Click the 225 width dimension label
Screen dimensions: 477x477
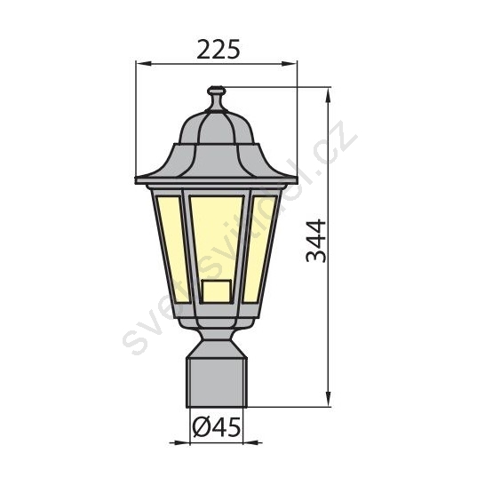point(219,49)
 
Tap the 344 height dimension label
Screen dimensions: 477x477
point(315,241)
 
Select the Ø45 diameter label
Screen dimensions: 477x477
point(217,426)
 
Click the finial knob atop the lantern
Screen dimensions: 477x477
point(217,91)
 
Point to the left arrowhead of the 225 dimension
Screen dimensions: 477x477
point(143,64)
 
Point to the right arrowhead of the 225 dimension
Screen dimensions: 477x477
point(289,64)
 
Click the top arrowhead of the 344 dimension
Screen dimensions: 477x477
point(328,95)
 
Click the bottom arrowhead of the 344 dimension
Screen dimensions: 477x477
point(328,398)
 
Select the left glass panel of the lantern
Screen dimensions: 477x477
point(171,246)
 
